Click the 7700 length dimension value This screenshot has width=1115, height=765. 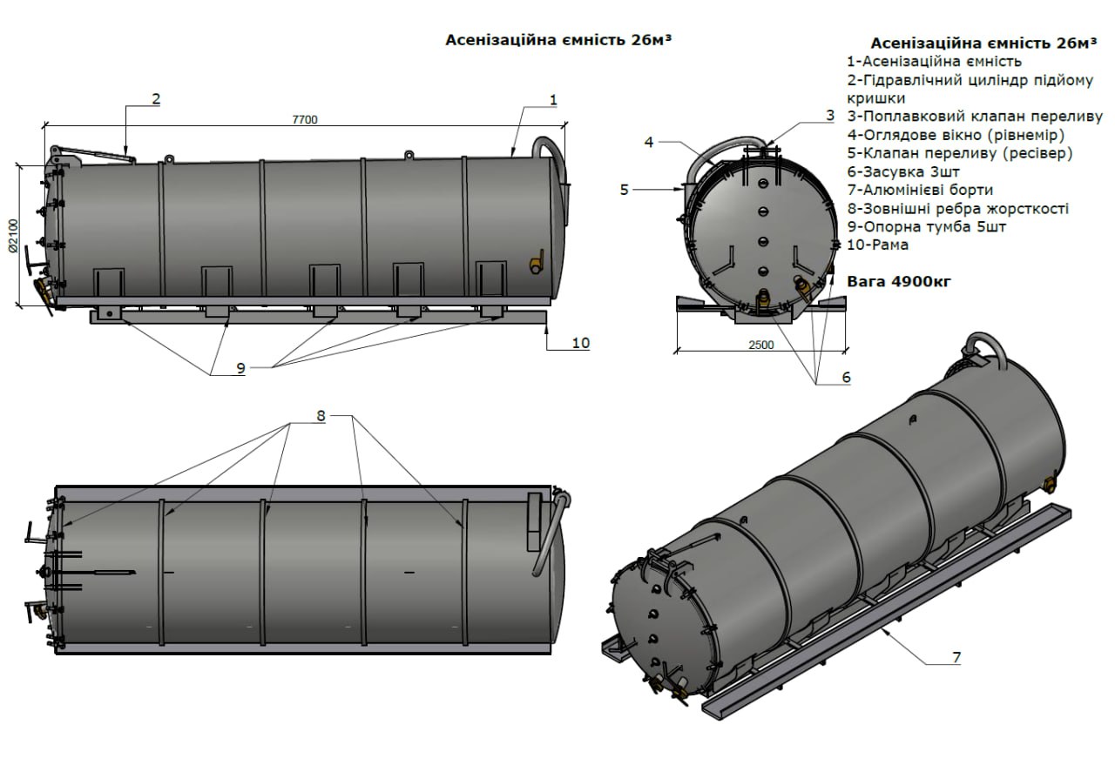coord(305,120)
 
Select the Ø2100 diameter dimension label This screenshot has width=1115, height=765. coord(13,236)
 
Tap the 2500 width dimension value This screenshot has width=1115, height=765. coord(761,345)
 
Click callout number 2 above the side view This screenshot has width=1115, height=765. coord(156,99)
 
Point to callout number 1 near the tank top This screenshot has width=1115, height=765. coord(553,100)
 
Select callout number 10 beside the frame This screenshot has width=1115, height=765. coord(581,343)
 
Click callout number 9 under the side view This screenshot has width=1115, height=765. coord(241,368)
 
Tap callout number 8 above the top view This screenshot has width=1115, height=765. coord(321,416)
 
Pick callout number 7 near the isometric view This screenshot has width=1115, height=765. coord(956,658)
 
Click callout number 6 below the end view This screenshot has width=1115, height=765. coord(846,377)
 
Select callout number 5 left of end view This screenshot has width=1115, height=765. coord(625,190)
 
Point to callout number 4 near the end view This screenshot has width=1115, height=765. coord(649,142)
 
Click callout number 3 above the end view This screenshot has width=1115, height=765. coord(830,116)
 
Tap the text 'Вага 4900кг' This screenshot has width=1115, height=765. coord(899,281)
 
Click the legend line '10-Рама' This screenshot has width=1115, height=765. coord(877,245)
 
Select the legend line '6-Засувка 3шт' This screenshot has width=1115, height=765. coord(903,171)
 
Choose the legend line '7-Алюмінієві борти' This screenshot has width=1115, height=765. coord(920,190)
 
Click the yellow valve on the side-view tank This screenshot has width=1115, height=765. coord(537,262)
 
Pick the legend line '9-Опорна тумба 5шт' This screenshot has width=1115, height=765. coord(926,227)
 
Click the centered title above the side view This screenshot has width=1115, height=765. coord(558,40)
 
